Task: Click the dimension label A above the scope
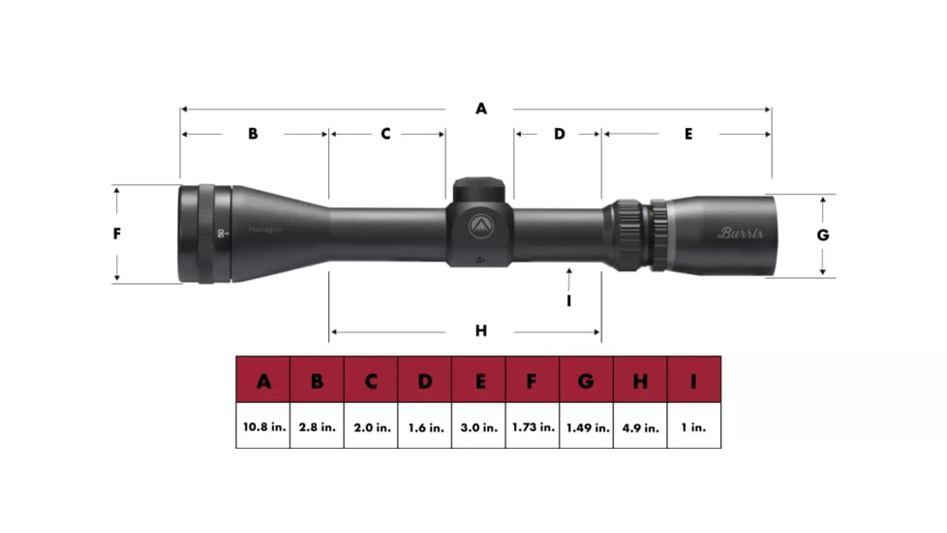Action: [x=480, y=110]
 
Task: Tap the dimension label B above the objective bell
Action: [x=253, y=134]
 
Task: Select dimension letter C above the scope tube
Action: [x=384, y=134]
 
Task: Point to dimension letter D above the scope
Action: [x=559, y=134]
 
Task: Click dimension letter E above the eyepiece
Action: [x=688, y=134]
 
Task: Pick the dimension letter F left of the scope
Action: [x=117, y=234]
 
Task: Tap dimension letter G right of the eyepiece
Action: [x=823, y=235]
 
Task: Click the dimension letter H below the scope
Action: [x=480, y=331]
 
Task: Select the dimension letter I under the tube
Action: [x=569, y=300]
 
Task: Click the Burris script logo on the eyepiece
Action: [x=741, y=233]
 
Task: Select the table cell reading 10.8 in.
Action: [x=263, y=426]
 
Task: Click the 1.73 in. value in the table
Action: [x=532, y=426]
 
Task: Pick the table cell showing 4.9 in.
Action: [x=640, y=426]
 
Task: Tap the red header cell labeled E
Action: [x=478, y=381]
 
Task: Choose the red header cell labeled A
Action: [x=263, y=381]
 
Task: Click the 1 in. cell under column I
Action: [x=693, y=426]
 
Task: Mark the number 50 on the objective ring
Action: [x=221, y=233]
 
